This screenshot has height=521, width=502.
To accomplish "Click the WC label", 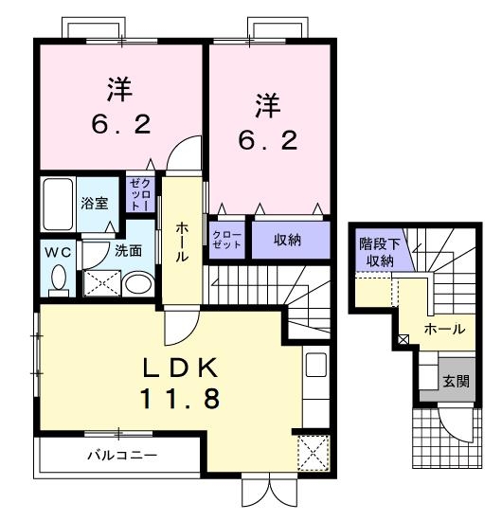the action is (x=58, y=253).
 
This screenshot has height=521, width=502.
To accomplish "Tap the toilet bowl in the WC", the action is (x=59, y=278).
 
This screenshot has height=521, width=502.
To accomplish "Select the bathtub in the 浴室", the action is (x=58, y=204).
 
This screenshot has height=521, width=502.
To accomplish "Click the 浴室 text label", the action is (x=95, y=204).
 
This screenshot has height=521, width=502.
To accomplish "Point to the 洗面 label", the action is (x=129, y=251).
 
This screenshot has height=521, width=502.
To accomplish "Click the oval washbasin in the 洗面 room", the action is (x=138, y=283).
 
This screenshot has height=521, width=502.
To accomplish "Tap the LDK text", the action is (x=180, y=368).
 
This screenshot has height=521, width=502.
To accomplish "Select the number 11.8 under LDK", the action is (x=180, y=399).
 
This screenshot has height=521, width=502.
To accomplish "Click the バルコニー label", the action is (x=122, y=456).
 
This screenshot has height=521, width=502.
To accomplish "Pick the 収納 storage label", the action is (x=287, y=240).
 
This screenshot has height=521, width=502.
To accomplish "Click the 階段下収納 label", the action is (x=380, y=253).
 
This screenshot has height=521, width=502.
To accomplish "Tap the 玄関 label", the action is (x=457, y=382).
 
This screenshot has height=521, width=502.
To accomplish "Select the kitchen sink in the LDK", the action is (x=315, y=365).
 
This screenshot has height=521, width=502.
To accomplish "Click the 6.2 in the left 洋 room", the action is (x=121, y=125).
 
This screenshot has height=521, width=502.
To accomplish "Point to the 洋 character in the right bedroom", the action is (x=268, y=106).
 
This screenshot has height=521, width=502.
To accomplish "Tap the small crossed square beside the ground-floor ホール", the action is (x=403, y=340).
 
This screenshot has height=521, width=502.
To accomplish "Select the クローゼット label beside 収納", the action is (x=227, y=240).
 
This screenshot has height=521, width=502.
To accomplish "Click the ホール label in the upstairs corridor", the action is (x=182, y=243).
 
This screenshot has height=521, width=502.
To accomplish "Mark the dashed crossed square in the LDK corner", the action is (x=314, y=454).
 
